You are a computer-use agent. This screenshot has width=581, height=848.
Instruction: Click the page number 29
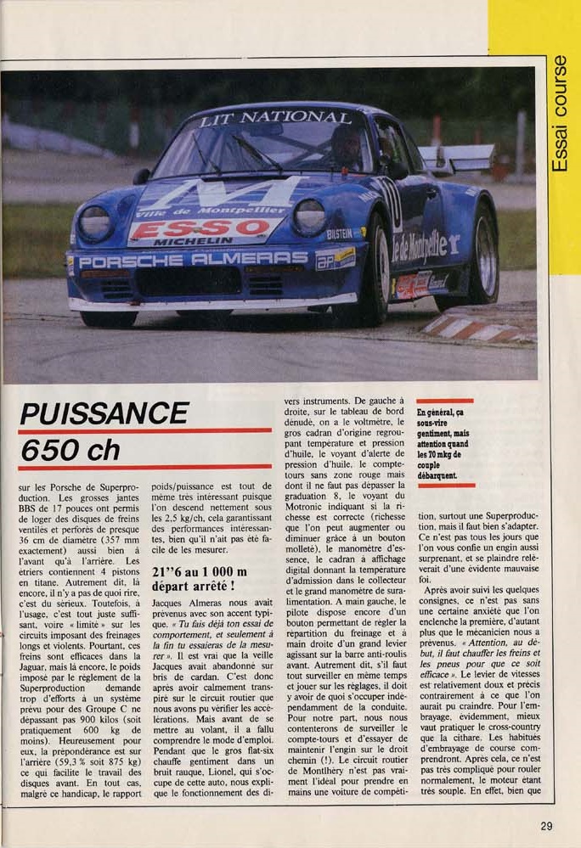pos(546,824)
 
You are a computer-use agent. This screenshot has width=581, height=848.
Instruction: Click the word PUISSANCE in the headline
pos(104,413)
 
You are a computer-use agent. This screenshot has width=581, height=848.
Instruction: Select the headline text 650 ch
pos(70,450)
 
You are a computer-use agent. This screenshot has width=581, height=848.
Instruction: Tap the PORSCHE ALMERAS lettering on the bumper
pos(193,259)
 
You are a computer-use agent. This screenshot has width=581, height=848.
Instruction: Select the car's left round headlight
pos(95,223)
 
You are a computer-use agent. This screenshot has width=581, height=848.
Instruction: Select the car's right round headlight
pos(309,217)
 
